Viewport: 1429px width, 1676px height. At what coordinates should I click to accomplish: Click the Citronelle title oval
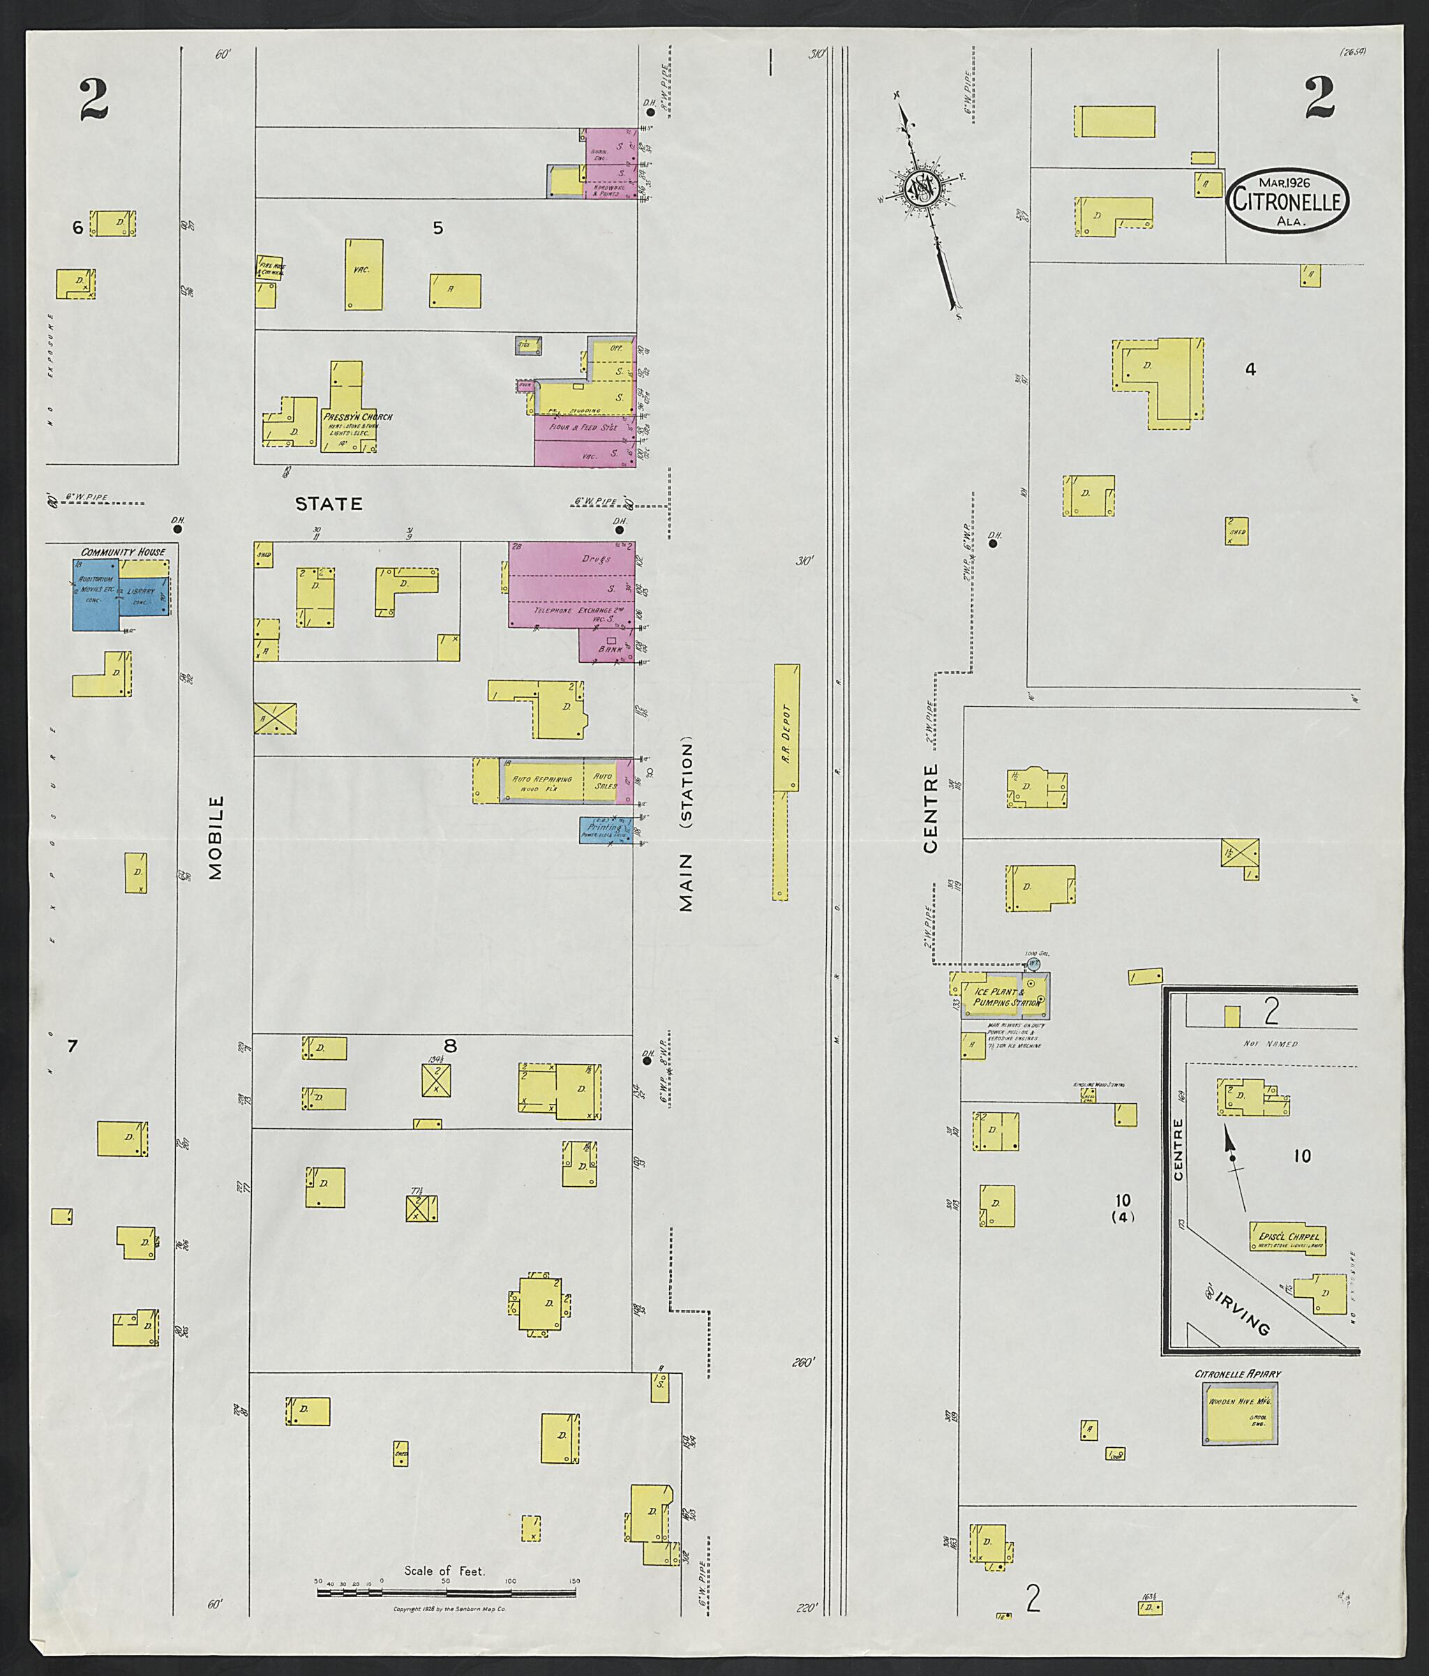1288,200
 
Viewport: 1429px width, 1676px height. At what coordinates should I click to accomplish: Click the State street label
329,504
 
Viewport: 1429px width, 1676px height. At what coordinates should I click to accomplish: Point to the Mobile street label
215,837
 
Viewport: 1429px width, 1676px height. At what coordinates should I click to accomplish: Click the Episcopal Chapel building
1287,1239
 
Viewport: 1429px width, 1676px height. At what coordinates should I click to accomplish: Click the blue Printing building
605,830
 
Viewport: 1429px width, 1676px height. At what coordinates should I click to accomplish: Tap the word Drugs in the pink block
597,559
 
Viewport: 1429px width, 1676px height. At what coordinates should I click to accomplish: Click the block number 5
437,228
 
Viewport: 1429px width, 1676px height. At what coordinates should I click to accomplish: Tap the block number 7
72,1046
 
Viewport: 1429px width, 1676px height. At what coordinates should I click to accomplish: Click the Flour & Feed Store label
584,427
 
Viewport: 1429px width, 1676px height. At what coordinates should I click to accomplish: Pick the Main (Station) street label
687,823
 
